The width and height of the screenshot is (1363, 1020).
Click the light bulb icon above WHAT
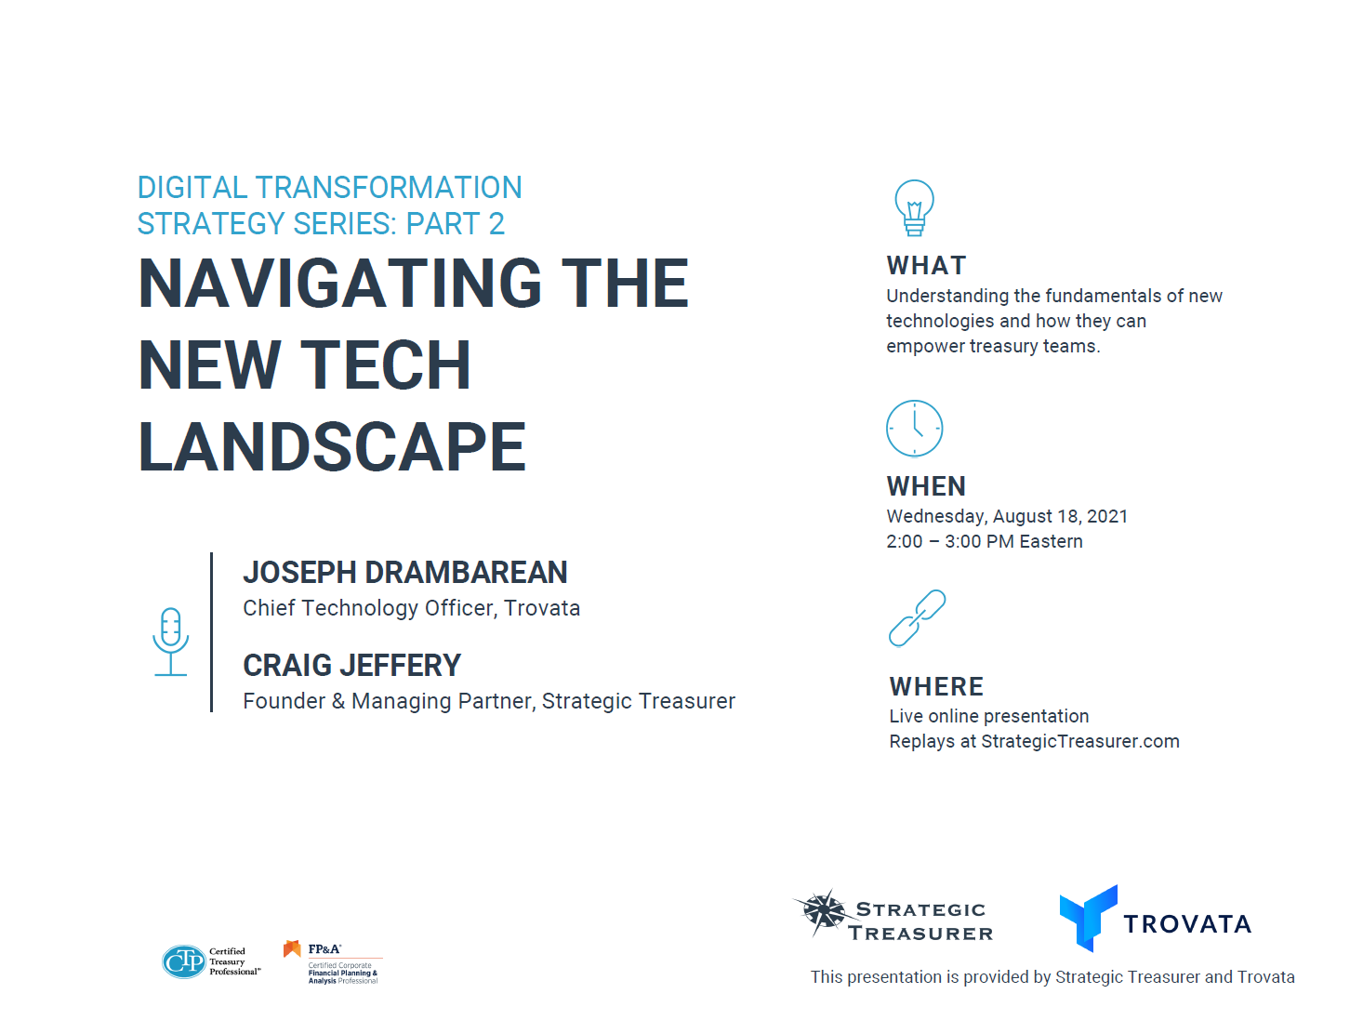click(x=914, y=206)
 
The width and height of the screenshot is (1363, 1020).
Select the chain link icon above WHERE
click(x=917, y=618)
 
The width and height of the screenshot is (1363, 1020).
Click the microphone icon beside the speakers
click(x=171, y=642)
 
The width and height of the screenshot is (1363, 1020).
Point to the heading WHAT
click(x=926, y=266)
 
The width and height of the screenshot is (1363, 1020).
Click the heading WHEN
click(x=926, y=486)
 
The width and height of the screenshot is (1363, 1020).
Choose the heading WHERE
click(x=936, y=686)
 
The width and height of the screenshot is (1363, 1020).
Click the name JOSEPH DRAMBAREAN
click(x=404, y=573)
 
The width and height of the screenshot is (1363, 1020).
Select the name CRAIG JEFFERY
click(x=352, y=666)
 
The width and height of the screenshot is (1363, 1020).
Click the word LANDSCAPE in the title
click(x=332, y=447)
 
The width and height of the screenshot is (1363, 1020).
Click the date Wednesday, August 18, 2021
click(x=1007, y=517)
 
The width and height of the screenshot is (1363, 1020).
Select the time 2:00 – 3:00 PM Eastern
click(x=985, y=541)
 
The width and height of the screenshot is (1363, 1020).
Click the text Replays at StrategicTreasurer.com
click(x=1034, y=741)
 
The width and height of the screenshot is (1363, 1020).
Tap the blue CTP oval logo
click(x=184, y=961)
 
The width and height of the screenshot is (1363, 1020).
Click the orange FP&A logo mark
click(x=292, y=948)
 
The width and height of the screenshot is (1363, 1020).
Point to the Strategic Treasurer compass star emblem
click(x=824, y=911)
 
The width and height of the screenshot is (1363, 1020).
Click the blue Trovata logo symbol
click(x=1089, y=919)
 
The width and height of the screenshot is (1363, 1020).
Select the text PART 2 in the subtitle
click(x=455, y=223)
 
